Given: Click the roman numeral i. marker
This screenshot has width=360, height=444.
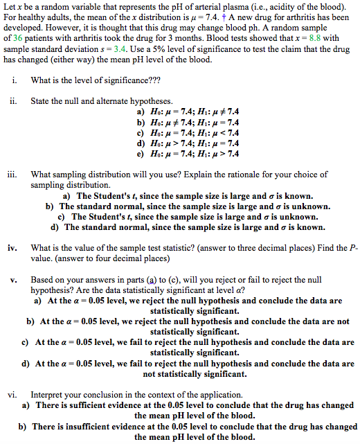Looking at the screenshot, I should [x=15, y=80].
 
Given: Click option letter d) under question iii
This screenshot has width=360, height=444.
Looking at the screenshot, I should [x=55, y=227].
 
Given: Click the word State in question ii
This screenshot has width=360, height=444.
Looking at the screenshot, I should [x=39, y=101].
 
